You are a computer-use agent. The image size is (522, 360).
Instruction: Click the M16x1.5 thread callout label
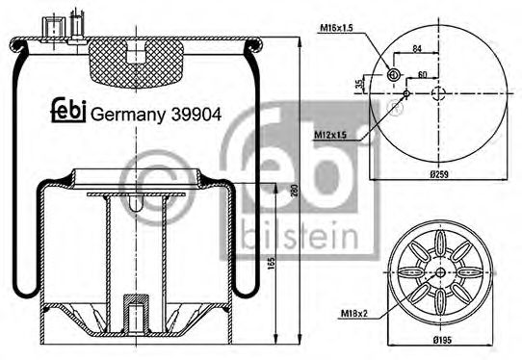[x=336, y=28]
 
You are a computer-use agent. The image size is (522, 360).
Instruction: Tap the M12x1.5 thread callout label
[x=330, y=135]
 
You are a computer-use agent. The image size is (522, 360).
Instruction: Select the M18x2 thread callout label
[x=353, y=314]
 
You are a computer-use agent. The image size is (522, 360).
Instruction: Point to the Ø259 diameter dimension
[x=439, y=174]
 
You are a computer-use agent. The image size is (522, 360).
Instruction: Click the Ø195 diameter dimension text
[x=442, y=340]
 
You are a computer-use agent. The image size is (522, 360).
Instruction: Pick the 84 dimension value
[x=417, y=48]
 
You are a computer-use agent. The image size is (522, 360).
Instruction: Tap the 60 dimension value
[x=422, y=74]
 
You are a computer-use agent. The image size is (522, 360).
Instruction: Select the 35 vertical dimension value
[x=359, y=84]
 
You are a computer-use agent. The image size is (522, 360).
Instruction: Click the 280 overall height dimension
[x=294, y=191]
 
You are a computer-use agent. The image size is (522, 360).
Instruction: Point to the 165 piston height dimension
[x=272, y=263]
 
